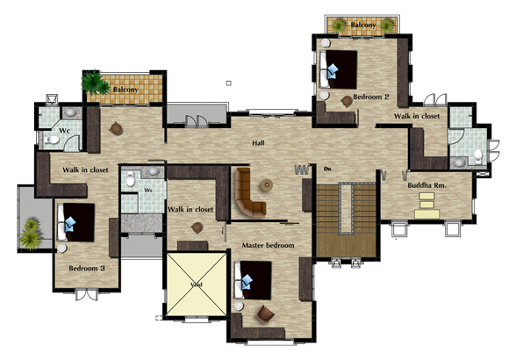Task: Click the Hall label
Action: click(x=258, y=142)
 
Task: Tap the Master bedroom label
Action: click(x=269, y=245)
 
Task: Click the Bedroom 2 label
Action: click(x=370, y=97)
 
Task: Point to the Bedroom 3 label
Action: click(x=87, y=269)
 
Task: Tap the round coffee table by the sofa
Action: click(x=267, y=185)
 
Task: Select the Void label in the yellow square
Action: click(x=197, y=285)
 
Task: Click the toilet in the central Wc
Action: click(x=130, y=179)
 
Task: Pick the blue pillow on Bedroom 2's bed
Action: click(x=333, y=71)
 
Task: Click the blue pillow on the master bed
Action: click(x=247, y=282)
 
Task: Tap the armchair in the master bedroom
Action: click(x=266, y=313)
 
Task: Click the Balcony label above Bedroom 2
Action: click(x=363, y=25)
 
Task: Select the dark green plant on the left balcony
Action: click(x=95, y=83)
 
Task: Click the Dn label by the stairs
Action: click(x=327, y=169)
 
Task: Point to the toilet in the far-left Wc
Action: click(x=52, y=140)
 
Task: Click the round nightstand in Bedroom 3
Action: click(x=61, y=248)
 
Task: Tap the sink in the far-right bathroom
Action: click(x=459, y=162)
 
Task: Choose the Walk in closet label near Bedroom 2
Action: click(x=417, y=116)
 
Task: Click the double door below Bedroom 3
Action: click(x=86, y=294)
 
